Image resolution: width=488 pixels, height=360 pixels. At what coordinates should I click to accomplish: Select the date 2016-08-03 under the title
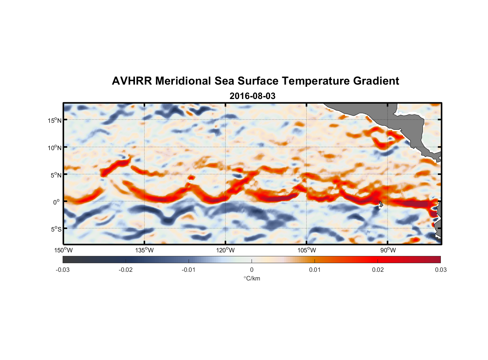pyautogui.click(x=252, y=96)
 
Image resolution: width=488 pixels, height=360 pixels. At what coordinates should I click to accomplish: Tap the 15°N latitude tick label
pyautogui.click(x=55, y=120)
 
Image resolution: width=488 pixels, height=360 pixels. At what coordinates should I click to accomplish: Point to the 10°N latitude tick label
pyautogui.click(x=55, y=148)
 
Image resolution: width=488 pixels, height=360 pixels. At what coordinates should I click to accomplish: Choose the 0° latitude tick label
pyautogui.click(x=57, y=202)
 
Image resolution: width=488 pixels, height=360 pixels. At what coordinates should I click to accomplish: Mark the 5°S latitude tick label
pyautogui.click(x=56, y=229)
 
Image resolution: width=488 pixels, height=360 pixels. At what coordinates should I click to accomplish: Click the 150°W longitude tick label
pyautogui.click(x=63, y=250)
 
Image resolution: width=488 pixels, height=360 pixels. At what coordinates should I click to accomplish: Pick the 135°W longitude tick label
pyautogui.click(x=145, y=250)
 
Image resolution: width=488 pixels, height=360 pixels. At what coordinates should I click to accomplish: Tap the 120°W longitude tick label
pyautogui.click(x=226, y=250)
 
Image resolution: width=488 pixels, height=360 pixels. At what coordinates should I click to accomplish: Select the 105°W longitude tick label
pyautogui.click(x=307, y=250)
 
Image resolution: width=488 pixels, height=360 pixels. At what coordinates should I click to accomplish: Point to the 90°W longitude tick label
pyautogui.click(x=388, y=250)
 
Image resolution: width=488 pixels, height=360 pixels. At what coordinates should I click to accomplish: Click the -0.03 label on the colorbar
pyautogui.click(x=63, y=270)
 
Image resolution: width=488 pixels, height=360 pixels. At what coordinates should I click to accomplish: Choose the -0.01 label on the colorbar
pyautogui.click(x=189, y=270)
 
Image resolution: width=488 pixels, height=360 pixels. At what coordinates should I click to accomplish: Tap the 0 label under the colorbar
pyautogui.click(x=252, y=270)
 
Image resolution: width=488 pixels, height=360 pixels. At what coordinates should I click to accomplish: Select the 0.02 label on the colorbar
pyautogui.click(x=378, y=270)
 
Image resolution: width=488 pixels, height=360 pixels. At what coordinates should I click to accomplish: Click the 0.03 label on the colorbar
pyautogui.click(x=440, y=270)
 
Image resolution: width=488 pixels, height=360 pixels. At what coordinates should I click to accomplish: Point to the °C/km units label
pyautogui.click(x=252, y=278)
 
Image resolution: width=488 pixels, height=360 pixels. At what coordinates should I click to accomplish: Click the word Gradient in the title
pyautogui.click(x=376, y=81)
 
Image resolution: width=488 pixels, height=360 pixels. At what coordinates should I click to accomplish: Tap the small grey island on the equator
pyautogui.click(x=381, y=204)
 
